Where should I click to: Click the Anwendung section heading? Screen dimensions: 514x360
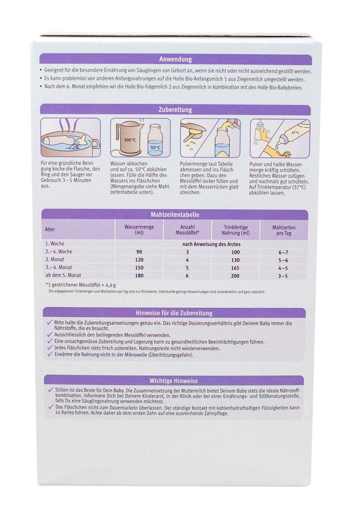coord(173,60)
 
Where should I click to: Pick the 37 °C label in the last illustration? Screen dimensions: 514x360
coord(295,133)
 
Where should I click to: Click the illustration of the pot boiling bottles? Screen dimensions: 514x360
coord(69,139)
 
